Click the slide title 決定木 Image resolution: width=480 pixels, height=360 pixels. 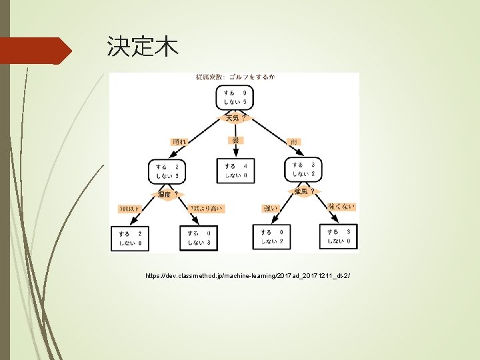[x=142, y=47]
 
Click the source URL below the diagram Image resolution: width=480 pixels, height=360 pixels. [x=247, y=275]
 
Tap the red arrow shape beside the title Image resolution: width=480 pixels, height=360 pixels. [x=37, y=51]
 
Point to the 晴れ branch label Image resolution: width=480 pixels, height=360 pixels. [x=181, y=142]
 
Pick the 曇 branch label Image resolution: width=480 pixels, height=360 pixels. [x=235, y=141]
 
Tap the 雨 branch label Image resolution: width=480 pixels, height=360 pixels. [x=293, y=142]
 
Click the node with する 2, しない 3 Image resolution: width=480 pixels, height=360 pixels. [x=167, y=170]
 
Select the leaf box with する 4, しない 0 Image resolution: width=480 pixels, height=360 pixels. [x=236, y=170]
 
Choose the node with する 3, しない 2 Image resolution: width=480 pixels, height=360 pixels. [x=304, y=170]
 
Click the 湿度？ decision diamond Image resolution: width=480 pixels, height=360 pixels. [x=167, y=194]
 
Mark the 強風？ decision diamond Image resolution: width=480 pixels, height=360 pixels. [x=304, y=192]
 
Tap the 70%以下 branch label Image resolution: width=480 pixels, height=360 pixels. [x=131, y=209]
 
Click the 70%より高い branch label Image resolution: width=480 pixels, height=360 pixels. [x=207, y=209]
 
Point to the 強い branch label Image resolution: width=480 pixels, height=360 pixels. [x=271, y=209]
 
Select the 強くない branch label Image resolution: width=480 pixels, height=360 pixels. [x=341, y=207]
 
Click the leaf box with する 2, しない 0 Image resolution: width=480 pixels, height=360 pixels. [x=131, y=237]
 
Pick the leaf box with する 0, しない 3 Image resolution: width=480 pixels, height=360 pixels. [x=199, y=237]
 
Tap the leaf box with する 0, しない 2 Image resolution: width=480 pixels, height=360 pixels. [x=272, y=236]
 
